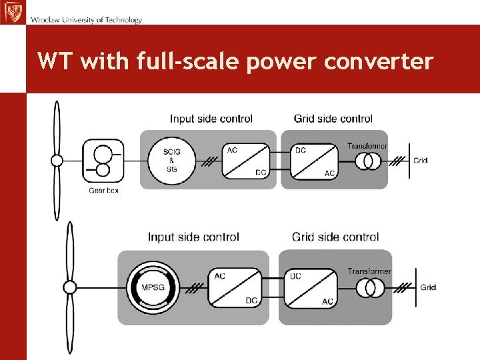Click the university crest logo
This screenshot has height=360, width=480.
click(12, 11)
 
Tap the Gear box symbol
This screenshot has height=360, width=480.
click(103, 161)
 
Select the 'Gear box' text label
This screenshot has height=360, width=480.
click(103, 191)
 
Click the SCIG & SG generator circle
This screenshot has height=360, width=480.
click(172, 161)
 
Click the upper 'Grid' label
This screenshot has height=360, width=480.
click(420, 161)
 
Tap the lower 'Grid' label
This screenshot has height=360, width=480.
click(428, 287)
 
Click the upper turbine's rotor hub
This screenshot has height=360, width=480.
click(57, 161)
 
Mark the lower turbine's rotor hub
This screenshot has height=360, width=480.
click(69, 287)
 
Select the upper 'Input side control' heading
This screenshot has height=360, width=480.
click(211, 119)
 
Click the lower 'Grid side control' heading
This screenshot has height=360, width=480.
click(335, 237)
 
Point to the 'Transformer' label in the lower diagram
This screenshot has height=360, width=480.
click(369, 271)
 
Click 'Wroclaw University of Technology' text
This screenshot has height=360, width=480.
click(86, 20)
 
